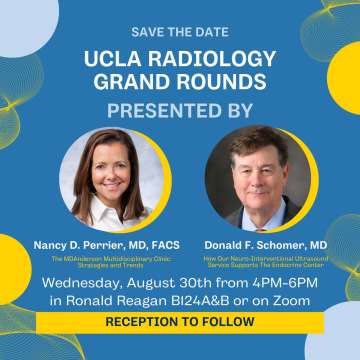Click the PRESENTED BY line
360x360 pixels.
pyautogui.click(x=180, y=110)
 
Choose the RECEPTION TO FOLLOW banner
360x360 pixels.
pyautogui.click(x=180, y=322)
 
